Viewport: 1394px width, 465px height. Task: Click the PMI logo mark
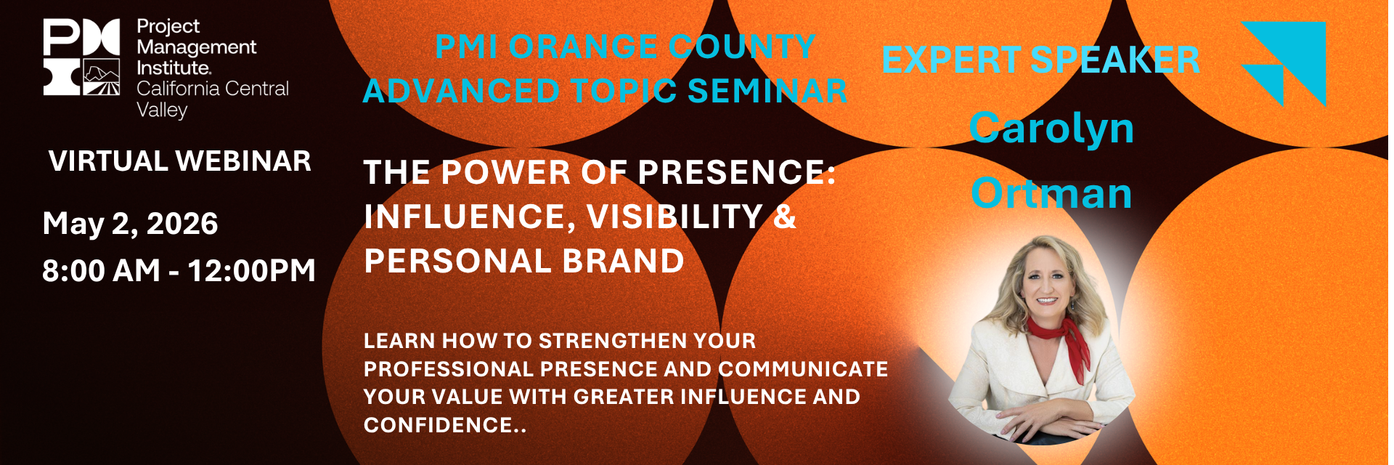(x=81, y=57)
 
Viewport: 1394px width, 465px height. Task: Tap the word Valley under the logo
(x=162, y=110)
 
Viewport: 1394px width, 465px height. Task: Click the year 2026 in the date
(x=182, y=224)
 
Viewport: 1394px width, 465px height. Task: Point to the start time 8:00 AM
(x=101, y=270)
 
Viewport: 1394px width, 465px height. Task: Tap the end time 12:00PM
(x=252, y=270)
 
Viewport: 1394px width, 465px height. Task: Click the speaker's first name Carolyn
(x=1051, y=129)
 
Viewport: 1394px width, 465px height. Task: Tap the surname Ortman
(x=1051, y=194)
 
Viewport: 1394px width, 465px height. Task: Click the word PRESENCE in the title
(x=736, y=173)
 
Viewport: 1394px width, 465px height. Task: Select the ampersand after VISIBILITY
(x=785, y=217)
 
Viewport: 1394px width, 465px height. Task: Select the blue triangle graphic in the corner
(x=1284, y=63)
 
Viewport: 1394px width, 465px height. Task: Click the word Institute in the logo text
(x=174, y=68)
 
